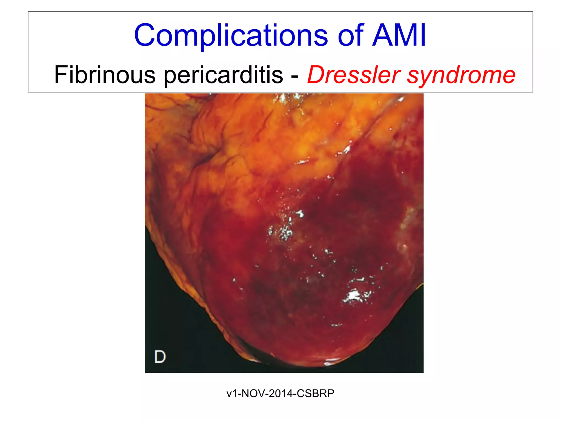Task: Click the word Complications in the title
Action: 231,36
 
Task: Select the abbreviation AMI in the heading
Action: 399,36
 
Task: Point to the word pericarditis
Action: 223,75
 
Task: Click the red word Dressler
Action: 354,75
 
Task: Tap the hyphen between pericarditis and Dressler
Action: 295,75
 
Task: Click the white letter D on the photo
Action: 160,357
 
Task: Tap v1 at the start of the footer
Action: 232,393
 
